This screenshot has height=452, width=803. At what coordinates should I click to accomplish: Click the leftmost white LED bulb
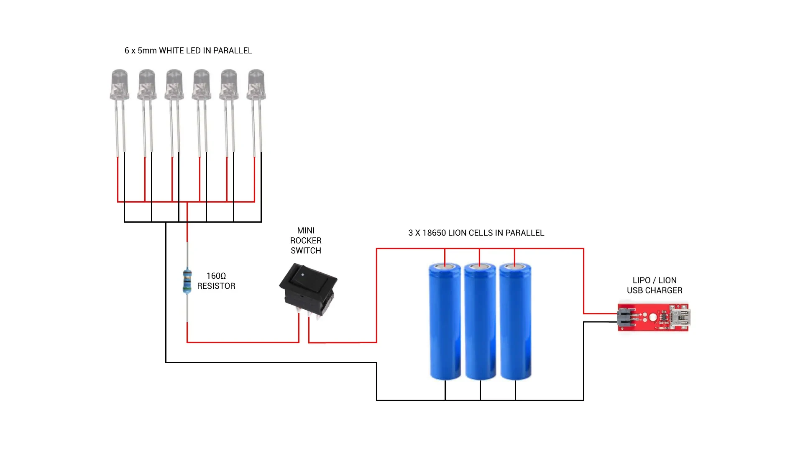tap(120, 85)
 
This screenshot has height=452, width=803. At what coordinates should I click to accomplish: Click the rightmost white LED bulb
tap(256, 85)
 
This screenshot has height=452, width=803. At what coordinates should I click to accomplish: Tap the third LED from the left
tap(174, 85)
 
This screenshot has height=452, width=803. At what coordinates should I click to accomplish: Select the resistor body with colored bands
tap(187, 281)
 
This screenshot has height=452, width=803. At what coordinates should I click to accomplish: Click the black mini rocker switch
tap(308, 289)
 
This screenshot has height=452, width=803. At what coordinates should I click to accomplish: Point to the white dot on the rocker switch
tap(302, 275)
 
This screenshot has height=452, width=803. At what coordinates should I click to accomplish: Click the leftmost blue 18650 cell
tap(445, 321)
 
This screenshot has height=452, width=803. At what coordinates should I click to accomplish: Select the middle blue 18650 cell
tap(480, 321)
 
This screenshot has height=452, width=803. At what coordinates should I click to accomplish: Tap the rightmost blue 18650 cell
tap(515, 321)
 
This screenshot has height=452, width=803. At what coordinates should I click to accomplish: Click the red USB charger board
tap(653, 317)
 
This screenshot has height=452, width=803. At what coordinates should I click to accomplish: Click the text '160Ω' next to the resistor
tap(216, 276)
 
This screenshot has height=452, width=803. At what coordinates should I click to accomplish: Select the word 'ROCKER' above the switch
tap(306, 241)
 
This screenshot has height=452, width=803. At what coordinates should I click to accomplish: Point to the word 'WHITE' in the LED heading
tap(171, 51)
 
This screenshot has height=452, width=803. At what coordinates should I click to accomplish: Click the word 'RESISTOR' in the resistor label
tap(216, 286)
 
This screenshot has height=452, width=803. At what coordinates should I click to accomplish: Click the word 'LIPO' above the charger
tap(642, 280)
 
